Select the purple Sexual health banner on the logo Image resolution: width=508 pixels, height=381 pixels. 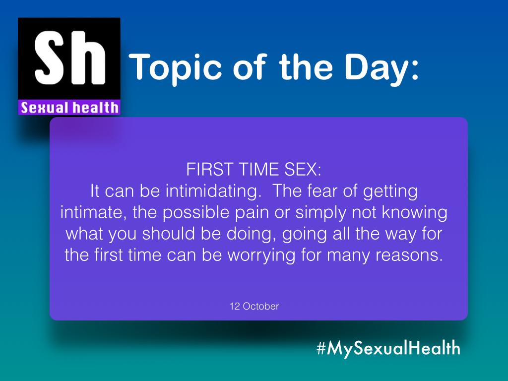[69, 107]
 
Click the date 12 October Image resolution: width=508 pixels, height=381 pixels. [254, 307]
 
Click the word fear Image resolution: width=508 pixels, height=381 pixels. [317, 191]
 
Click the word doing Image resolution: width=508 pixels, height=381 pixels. [249, 234]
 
